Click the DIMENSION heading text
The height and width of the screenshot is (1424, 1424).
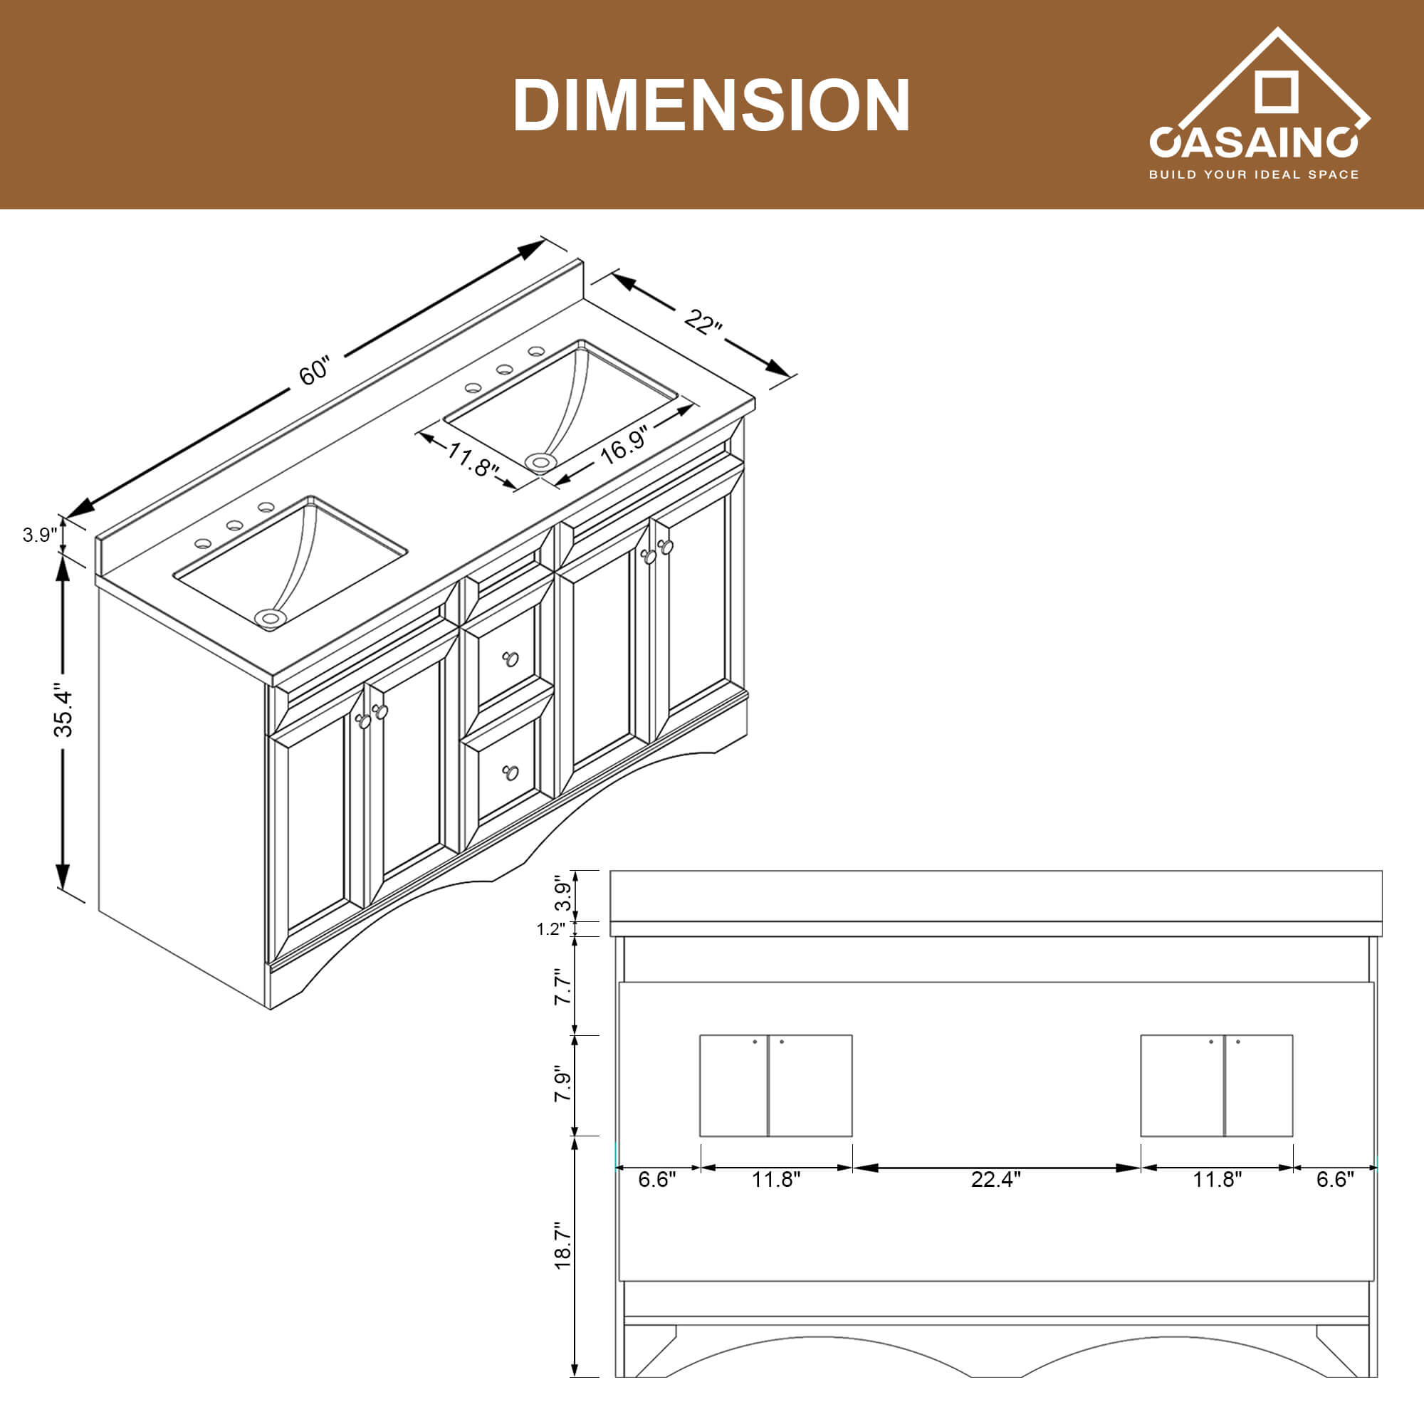tap(711, 105)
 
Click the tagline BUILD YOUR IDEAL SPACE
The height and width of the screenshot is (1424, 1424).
tap(1253, 174)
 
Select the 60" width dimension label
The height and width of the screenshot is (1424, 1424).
tap(315, 370)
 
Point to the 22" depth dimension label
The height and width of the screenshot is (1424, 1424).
tap(703, 321)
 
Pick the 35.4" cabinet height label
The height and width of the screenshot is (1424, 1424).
tap(64, 713)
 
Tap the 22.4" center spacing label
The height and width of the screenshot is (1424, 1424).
tap(995, 1179)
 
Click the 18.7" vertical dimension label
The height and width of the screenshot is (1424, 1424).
tap(563, 1245)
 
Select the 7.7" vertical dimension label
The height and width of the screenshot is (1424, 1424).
tap(563, 986)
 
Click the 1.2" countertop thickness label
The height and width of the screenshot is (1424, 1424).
tap(550, 929)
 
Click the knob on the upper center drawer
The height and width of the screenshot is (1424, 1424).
tap(510, 658)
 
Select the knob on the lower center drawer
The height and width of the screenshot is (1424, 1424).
tap(510, 773)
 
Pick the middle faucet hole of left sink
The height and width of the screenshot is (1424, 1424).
tap(234, 525)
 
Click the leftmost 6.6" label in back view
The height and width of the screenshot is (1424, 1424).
tap(656, 1179)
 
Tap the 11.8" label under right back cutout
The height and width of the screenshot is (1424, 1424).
tap(1217, 1179)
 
